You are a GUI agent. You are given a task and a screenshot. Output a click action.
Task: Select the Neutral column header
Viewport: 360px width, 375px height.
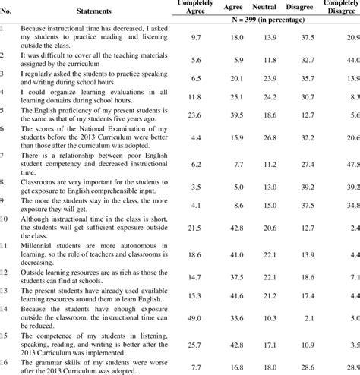click(264, 7)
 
